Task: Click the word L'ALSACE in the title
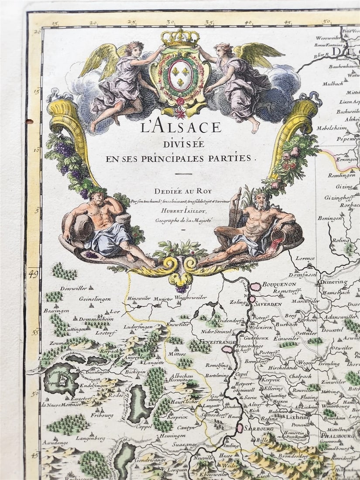pyautogui.click(x=181, y=128)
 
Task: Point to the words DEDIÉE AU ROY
pyautogui.click(x=179, y=190)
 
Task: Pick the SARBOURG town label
pyautogui.click(x=259, y=429)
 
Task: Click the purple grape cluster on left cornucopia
pyautogui.click(x=64, y=150)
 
